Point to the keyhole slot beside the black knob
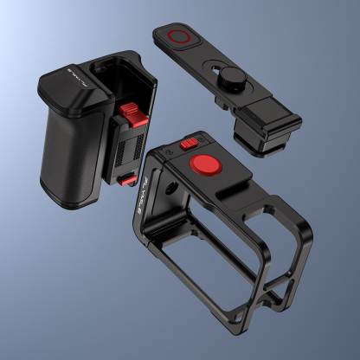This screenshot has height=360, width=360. [212, 69]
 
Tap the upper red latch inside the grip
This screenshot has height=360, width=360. [130, 112]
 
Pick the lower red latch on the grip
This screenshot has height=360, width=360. [127, 178]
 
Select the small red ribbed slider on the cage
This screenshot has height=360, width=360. [189, 145]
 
